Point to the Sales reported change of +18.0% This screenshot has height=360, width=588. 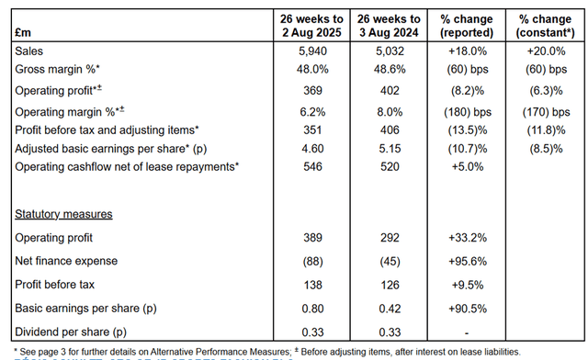point(469,52)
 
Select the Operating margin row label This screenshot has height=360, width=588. point(64,111)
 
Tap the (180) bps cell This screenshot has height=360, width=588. point(469,111)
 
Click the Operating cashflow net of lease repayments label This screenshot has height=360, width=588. point(125,166)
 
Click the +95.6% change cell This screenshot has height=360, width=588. point(469,260)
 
